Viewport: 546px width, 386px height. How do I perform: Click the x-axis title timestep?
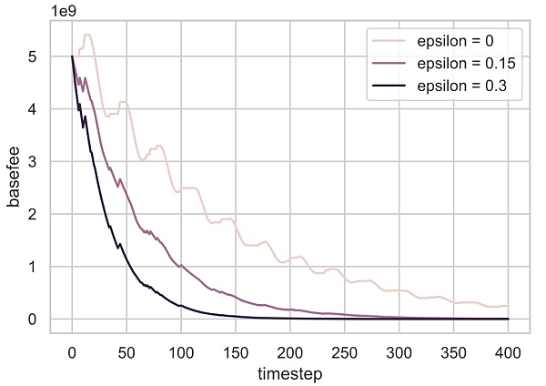(289, 372)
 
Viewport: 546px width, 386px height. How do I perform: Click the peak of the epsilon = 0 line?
(87, 35)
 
